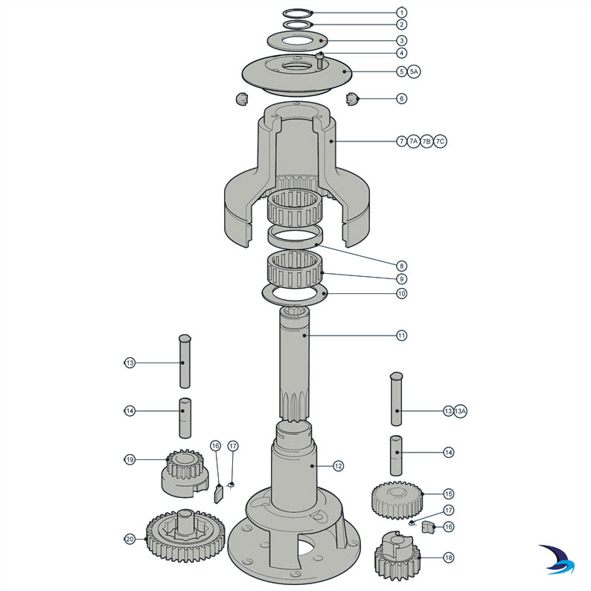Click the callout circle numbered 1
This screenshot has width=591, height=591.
tap(402, 13)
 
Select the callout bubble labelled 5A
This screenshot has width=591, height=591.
tap(415, 71)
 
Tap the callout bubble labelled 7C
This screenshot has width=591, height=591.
tap(440, 141)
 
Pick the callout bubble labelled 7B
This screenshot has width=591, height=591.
tap(427, 141)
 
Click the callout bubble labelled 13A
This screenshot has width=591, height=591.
tap(461, 411)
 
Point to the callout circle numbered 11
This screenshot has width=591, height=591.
tap(402, 336)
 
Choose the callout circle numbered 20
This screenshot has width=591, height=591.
tap(130, 539)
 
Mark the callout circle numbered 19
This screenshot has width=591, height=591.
tap(130, 460)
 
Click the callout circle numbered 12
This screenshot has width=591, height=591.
tap(339, 466)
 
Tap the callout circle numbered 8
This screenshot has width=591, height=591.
tap(402, 266)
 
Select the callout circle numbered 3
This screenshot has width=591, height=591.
tap(402, 40)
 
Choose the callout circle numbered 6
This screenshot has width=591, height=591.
tap(402, 98)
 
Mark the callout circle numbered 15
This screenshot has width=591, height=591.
tap(448, 493)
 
